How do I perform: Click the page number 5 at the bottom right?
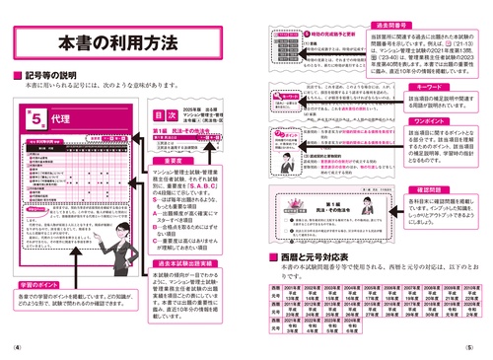coord(472,347)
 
